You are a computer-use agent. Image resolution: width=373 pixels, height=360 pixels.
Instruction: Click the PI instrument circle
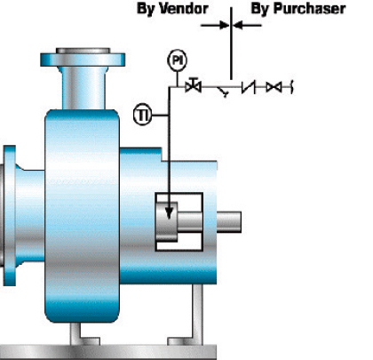pos(177,60)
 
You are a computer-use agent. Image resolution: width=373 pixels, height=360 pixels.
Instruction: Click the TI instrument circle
pos(143,115)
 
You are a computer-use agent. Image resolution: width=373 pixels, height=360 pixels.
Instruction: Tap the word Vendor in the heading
pos(184,9)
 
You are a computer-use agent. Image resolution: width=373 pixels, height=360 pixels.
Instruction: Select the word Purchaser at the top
pos(309,9)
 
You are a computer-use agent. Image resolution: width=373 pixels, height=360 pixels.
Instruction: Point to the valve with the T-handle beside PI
pos(194,85)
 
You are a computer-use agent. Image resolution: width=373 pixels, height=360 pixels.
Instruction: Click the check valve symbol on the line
pos(249,87)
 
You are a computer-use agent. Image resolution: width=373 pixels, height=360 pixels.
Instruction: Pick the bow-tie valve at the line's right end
pos(274,87)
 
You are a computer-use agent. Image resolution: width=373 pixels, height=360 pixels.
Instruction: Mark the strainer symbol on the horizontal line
pos(223,92)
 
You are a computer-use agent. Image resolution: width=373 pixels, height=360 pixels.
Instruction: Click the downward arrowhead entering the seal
pos(169,213)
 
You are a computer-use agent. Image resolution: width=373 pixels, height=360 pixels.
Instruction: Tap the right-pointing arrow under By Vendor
pos(215,25)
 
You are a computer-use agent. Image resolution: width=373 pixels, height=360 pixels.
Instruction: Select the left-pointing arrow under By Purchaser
pos(247,25)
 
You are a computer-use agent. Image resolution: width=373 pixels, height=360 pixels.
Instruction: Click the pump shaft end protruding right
pos(229,222)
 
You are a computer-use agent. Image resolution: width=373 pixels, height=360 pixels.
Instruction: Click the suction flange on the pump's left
pos(10,216)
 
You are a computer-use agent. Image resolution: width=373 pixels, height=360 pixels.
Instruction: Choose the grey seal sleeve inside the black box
pos(167,221)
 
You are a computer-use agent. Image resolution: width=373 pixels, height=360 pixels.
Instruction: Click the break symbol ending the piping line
pos(292,87)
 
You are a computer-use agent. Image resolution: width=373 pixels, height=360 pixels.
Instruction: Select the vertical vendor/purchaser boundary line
pos(231,44)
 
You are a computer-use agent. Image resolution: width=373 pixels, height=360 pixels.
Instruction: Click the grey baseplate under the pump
pos(108,352)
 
